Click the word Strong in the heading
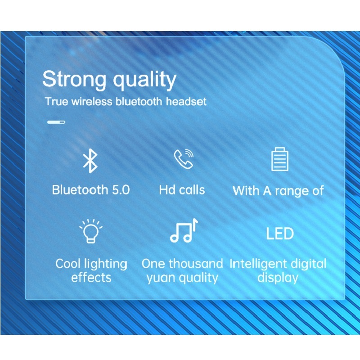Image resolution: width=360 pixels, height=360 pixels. pyautogui.click(x=74, y=80)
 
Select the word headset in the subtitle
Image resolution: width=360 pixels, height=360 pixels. pyautogui.click(x=186, y=101)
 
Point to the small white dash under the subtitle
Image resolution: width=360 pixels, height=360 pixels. pyautogui.click(x=56, y=122)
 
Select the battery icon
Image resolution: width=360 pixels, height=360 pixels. pyautogui.click(x=279, y=159)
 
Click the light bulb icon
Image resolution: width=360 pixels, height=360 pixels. pyautogui.click(x=91, y=231)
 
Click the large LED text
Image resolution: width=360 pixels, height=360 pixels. pyautogui.click(x=279, y=234)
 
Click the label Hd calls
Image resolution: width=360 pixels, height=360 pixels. pyautogui.click(x=182, y=189)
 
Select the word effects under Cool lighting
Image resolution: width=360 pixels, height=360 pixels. pyautogui.click(x=91, y=277)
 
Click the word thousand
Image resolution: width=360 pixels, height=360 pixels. pyautogui.click(x=196, y=263)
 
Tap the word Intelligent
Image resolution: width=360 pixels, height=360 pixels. pyautogui.click(x=256, y=264)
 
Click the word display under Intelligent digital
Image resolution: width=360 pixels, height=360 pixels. pyautogui.click(x=278, y=277)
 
